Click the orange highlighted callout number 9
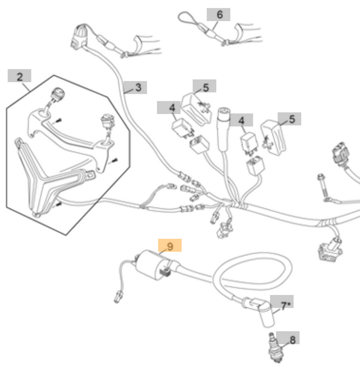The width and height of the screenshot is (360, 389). [170, 245]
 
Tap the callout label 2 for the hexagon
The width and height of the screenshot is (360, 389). [19, 76]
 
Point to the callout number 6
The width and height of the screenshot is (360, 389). [219, 14]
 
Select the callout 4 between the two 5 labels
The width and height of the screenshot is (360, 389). [241, 120]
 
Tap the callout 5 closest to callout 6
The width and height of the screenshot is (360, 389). [205, 87]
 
